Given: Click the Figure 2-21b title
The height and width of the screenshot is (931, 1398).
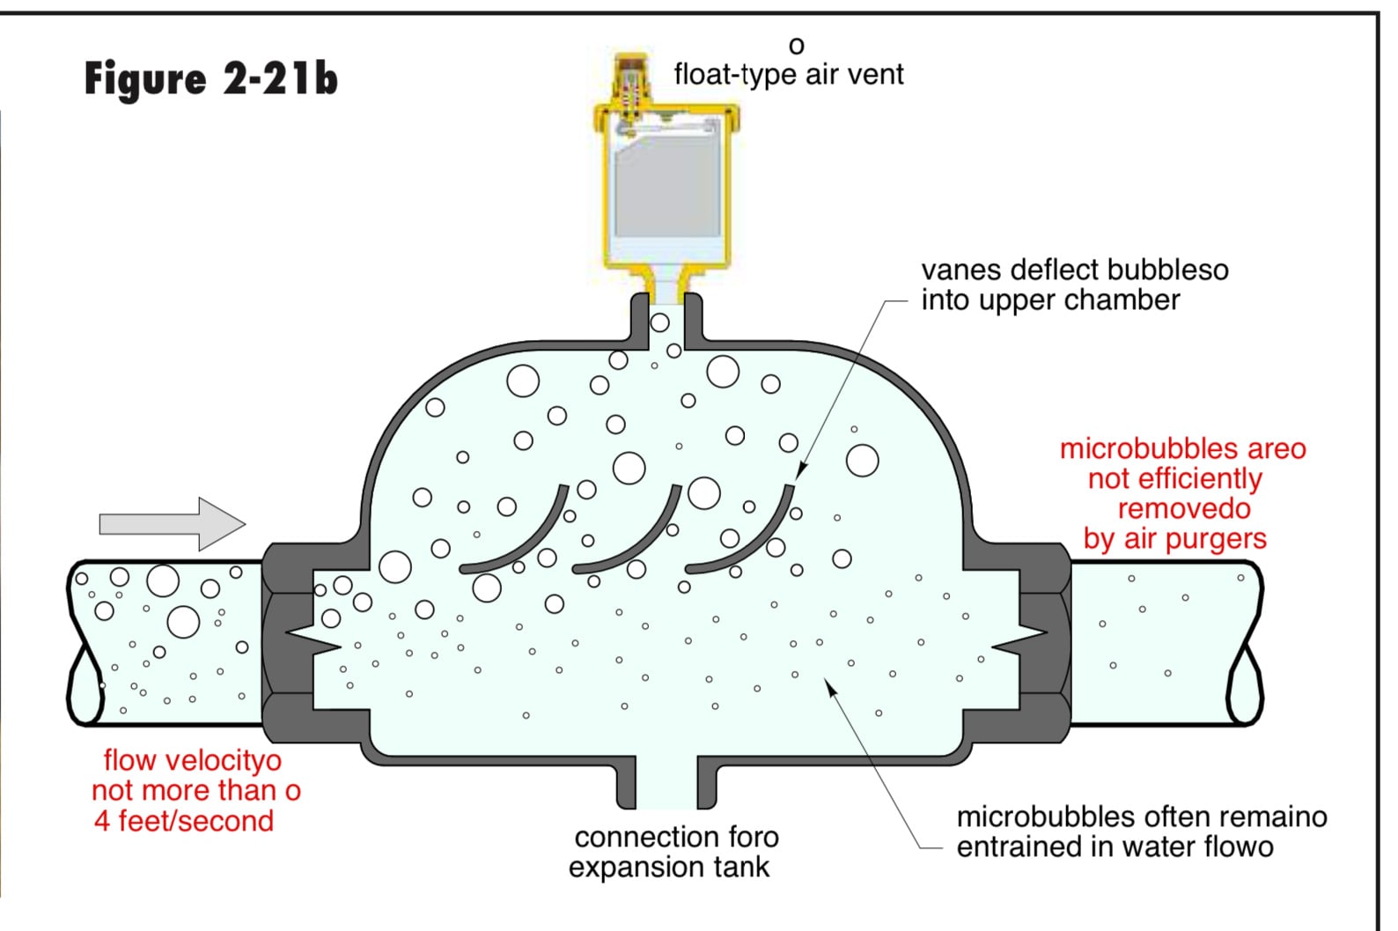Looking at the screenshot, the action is click(211, 79).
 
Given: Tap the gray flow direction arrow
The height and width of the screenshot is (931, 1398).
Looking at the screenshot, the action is click(173, 524).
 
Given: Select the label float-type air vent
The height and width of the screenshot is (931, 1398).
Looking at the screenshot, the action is click(789, 75).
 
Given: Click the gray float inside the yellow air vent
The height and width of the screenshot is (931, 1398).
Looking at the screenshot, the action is click(666, 185).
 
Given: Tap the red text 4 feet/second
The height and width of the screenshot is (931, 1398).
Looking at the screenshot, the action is click(184, 821).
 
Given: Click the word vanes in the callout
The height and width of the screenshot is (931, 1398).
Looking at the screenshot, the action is click(961, 270).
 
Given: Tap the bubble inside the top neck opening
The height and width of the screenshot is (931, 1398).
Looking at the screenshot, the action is click(659, 323).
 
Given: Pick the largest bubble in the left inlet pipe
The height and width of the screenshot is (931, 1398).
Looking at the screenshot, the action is click(163, 580).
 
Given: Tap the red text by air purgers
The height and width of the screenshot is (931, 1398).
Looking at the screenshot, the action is click(1175, 539).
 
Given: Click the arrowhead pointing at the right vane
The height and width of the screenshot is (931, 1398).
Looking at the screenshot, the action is click(801, 471).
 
